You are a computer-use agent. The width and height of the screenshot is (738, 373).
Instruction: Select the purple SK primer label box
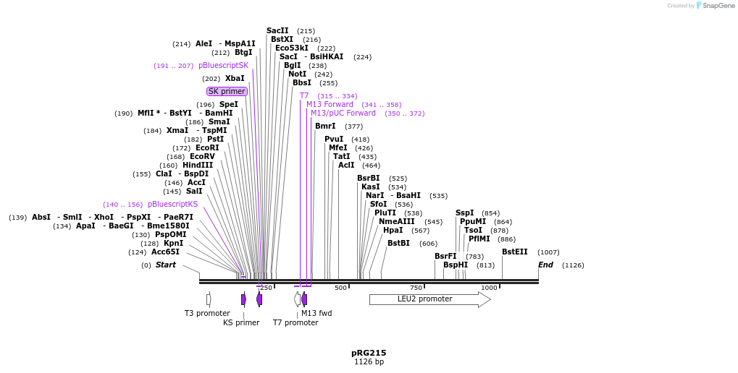click(227, 91)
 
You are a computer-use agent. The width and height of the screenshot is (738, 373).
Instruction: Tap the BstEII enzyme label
click(515, 252)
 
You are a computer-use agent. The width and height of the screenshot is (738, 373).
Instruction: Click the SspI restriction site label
click(464, 213)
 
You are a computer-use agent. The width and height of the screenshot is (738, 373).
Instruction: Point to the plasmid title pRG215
click(369, 353)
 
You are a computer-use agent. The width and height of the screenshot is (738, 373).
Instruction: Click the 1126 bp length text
click(369, 362)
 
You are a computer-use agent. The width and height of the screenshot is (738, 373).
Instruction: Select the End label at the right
click(545, 265)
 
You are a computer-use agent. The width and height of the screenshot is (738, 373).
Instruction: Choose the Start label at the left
click(165, 265)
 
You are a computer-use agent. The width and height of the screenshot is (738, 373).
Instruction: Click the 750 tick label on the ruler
click(416, 288)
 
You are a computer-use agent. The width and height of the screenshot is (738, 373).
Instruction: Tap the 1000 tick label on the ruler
click(489, 288)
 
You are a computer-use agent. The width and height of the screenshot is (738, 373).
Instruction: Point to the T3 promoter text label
click(207, 313)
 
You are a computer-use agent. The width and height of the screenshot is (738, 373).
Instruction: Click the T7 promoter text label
click(295, 322)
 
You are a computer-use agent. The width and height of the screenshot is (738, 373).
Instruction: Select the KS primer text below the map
click(241, 322)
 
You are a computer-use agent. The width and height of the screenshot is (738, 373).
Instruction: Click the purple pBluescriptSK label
click(223, 66)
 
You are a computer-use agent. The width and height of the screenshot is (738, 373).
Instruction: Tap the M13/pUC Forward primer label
click(343, 113)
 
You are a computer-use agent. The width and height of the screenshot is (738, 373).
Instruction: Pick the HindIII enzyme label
click(198, 166)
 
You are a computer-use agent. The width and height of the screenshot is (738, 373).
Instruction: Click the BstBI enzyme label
click(398, 244)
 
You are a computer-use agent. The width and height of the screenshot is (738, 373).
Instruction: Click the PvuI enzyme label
click(334, 140)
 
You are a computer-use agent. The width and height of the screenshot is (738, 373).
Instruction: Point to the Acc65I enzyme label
click(165, 252)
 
